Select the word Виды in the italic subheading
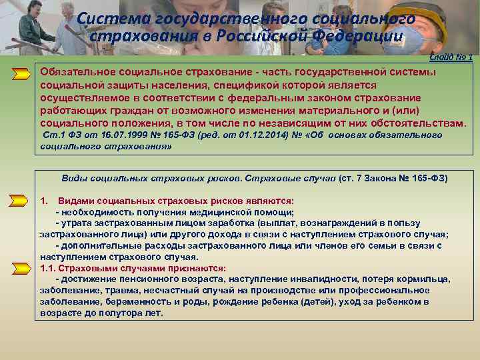click(74, 179)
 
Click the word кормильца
click(425, 279)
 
